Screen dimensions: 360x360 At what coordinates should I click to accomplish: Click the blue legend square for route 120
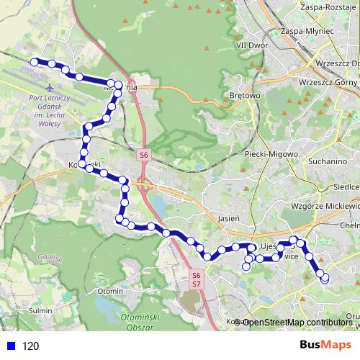pos(10,346)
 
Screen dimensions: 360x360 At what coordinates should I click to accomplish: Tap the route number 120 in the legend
pos(31,346)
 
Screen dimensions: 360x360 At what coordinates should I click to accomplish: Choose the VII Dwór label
pos(251,44)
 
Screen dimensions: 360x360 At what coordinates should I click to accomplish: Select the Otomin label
pos(110,290)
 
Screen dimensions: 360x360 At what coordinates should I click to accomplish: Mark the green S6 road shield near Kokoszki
pos(143,154)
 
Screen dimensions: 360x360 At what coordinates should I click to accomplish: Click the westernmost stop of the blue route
pos(33,62)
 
